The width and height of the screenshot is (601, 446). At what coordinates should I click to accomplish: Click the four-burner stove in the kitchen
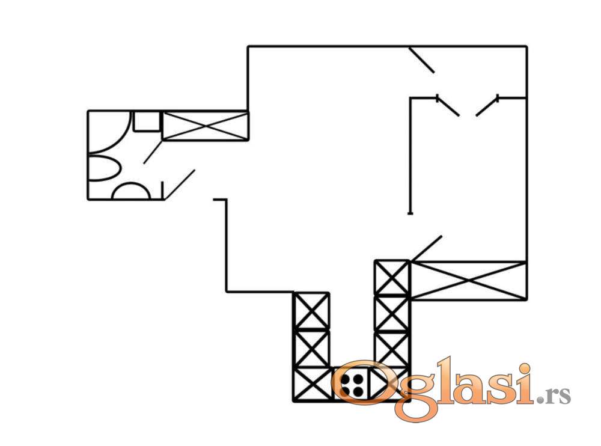(352, 385)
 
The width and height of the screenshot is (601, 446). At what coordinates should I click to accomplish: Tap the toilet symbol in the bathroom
(104, 168)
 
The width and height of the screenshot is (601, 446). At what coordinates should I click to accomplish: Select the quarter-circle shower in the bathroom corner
(109, 132)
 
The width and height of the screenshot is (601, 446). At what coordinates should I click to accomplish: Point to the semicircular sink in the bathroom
(130, 191)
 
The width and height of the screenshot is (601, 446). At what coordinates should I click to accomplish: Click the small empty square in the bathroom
(147, 121)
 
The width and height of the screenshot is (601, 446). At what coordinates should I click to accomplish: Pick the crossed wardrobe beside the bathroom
(206, 126)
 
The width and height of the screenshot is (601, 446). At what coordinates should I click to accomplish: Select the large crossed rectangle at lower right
(468, 280)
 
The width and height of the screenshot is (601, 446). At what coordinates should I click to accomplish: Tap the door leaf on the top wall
(422, 60)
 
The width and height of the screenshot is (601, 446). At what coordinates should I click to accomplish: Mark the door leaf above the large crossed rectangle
(426, 248)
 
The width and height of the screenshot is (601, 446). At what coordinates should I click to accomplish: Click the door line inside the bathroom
(153, 152)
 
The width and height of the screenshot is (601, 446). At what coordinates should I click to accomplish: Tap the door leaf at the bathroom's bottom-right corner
(179, 185)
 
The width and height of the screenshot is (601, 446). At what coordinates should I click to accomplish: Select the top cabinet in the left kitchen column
(311, 311)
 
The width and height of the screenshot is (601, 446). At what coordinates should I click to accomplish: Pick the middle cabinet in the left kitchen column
(311, 348)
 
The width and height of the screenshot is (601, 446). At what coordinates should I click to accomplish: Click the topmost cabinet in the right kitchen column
(392, 278)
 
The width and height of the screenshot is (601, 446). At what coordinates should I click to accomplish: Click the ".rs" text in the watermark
(555, 395)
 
